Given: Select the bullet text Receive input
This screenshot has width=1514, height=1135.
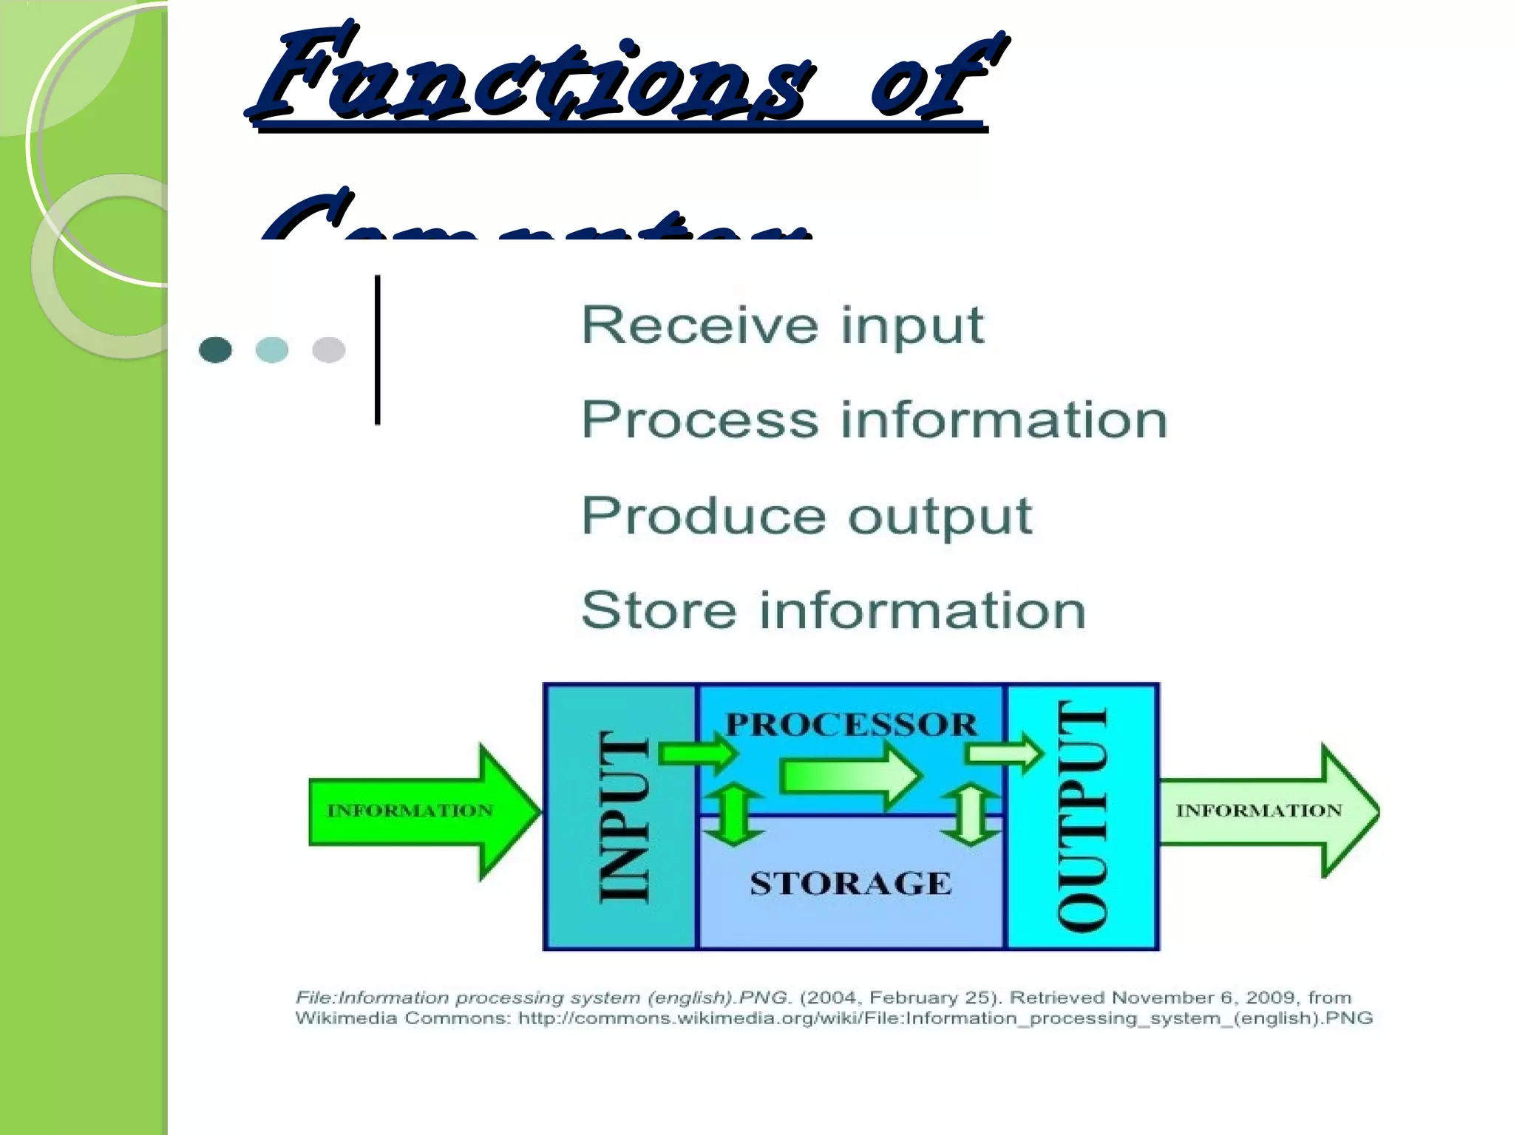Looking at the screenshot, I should coord(782,325).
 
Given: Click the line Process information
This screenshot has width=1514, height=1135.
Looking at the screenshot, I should coord(874,420).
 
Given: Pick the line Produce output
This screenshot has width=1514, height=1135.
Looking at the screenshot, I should coord(806,515).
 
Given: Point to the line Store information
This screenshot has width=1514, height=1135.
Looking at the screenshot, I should coord(833,610).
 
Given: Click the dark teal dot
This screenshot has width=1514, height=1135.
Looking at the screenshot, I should coord(215,350).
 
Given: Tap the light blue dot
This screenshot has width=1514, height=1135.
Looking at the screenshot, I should coord(272,350).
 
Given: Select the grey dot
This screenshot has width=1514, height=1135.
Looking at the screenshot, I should coord(329,350).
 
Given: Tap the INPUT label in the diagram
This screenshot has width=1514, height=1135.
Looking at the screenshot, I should coord(623,816).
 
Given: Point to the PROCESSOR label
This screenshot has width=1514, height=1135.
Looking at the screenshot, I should coord(851,724).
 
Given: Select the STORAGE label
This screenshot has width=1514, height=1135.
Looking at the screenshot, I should coord(850,884).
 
